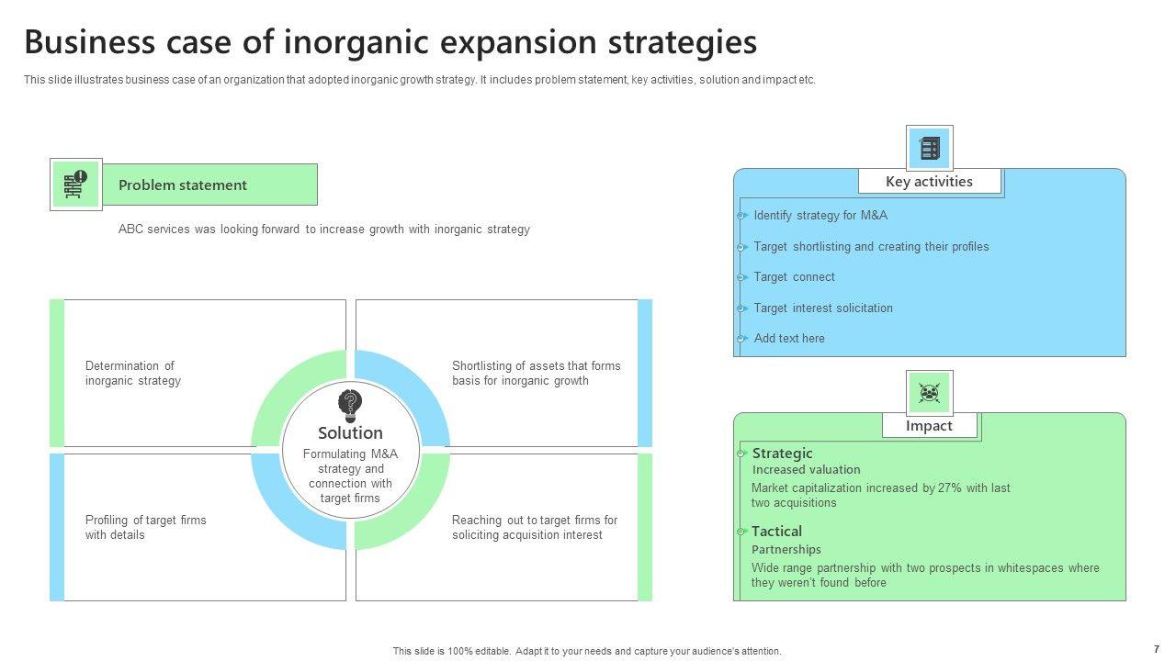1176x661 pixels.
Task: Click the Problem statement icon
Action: (x=75, y=185)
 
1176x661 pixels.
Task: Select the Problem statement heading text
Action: (x=182, y=185)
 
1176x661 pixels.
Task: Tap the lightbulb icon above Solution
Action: (x=350, y=406)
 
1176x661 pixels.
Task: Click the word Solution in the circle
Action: (x=350, y=432)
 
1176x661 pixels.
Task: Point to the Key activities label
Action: (x=929, y=182)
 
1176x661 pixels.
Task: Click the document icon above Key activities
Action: (x=930, y=149)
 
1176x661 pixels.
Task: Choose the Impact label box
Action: (x=929, y=425)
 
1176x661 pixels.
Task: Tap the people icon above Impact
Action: (x=929, y=393)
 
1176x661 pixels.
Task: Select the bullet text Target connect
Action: (x=794, y=277)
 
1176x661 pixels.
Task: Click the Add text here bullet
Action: (x=789, y=339)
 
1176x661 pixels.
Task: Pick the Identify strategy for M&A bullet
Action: (x=820, y=215)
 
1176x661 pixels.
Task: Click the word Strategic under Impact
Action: (x=782, y=454)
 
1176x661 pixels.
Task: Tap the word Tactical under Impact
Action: (x=776, y=532)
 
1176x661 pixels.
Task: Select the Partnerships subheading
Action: (x=786, y=549)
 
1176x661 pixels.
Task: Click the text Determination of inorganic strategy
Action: (x=133, y=373)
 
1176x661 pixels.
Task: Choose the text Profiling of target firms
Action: (x=145, y=520)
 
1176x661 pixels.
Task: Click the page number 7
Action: (x=1156, y=649)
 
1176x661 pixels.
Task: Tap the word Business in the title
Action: (x=90, y=42)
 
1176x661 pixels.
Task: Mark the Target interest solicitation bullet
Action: (x=822, y=308)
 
